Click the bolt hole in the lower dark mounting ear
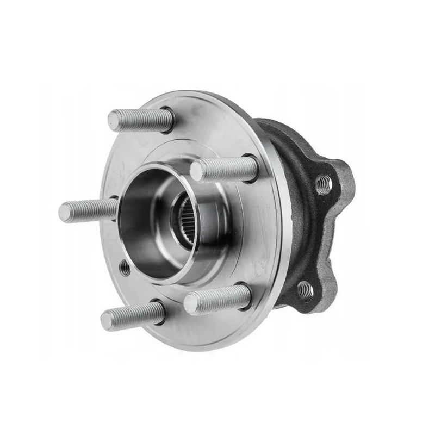click(x=306, y=290)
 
